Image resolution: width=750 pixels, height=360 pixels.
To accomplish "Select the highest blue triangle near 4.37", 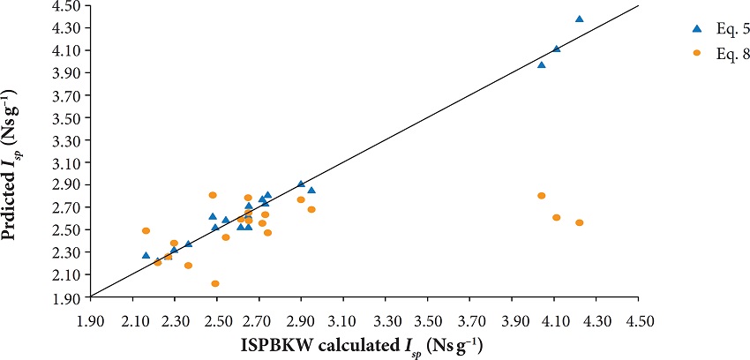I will [580, 19].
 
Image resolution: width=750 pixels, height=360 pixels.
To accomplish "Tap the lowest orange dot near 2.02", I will [215, 284].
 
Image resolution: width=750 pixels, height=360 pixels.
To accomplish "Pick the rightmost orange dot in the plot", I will [580, 222].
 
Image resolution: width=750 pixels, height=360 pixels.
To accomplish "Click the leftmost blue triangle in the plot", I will [146, 255].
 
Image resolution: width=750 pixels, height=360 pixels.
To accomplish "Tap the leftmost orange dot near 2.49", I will [146, 231].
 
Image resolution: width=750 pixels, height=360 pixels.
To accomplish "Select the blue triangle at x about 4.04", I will [542, 64].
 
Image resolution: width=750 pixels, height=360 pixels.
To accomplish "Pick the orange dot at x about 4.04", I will [542, 196].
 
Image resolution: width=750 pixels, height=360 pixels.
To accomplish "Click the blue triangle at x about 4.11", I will [556, 49].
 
